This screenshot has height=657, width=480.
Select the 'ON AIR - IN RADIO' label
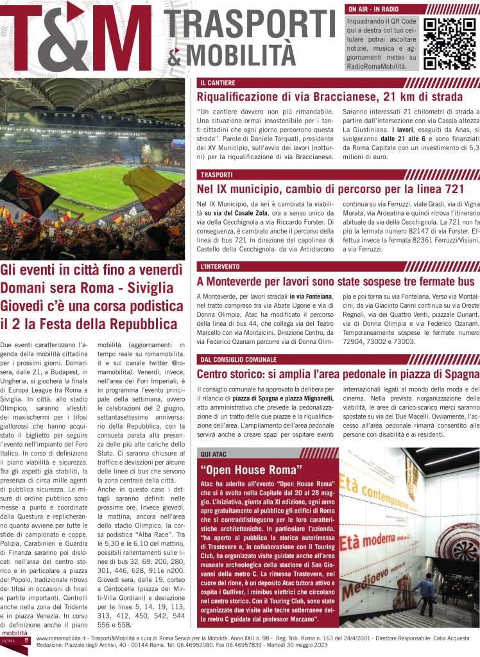click(x=374, y=10)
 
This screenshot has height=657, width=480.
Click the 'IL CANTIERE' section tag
click(x=218, y=83)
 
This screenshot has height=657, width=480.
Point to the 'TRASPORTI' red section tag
click(x=216, y=174)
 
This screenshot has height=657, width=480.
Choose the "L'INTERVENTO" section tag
click(x=219, y=266)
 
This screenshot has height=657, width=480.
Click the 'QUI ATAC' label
click(x=214, y=454)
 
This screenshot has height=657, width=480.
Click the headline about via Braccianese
click(x=329, y=98)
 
